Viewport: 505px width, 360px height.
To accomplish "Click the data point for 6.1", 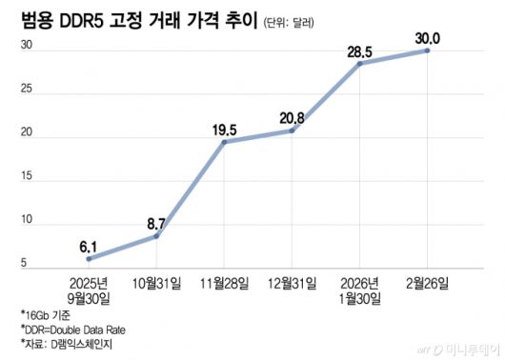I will click(89, 258).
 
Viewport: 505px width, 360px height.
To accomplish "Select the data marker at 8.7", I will click(156, 235).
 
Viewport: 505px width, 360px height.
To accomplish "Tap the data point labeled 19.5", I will click(224, 142).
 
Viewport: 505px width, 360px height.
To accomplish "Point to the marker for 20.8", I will click(292, 130).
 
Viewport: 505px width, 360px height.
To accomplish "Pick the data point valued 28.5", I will click(360, 63).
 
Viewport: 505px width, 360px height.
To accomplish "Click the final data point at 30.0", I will click(428, 50).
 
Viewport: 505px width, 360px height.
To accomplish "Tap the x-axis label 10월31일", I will click(156, 284).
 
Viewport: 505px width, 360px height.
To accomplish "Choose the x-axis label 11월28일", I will click(224, 284).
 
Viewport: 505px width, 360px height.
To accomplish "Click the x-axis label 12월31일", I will click(292, 284).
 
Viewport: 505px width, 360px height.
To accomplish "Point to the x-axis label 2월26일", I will click(428, 284).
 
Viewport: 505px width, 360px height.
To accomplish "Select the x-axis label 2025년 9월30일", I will click(89, 291).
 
